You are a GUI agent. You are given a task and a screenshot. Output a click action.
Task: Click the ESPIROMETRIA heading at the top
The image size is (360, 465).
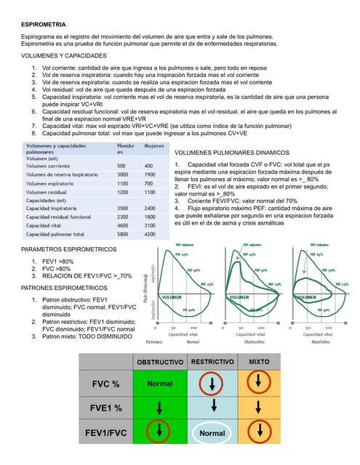pos(45,24)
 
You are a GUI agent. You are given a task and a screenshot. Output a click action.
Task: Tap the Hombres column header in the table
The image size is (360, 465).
pos(127,149)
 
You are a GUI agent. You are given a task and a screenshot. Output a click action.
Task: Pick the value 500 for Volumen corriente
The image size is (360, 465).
pos(123,166)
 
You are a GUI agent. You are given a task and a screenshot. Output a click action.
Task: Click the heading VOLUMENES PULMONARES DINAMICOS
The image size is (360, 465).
pos(243,153)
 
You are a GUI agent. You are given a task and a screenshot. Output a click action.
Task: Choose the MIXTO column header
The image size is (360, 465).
pos(258,361)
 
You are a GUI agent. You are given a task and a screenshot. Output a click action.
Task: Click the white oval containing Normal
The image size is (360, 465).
pos(212,433)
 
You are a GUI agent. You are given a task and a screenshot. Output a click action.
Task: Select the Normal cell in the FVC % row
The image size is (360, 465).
pos(159,384)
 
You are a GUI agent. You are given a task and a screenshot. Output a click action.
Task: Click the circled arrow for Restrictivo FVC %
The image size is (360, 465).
pos(212,383)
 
